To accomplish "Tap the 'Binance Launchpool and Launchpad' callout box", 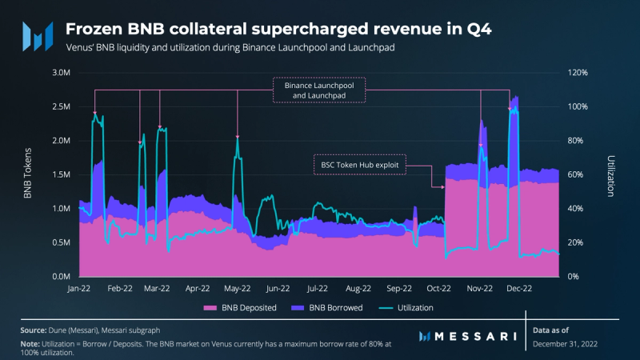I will coord(319,90).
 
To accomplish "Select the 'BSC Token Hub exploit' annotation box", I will coord(359,165).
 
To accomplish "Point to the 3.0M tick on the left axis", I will coord(59,73).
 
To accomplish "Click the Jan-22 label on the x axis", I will coord(79,288).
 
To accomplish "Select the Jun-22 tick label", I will coord(278,288).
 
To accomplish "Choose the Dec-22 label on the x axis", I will coord(520,288).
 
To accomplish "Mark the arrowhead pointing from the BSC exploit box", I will coord(442,187).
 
